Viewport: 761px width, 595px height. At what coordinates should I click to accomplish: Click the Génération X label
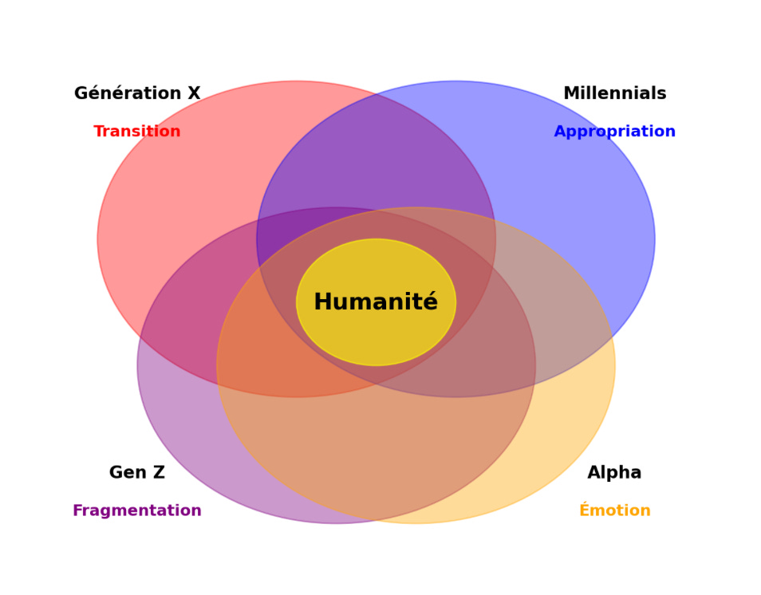137,94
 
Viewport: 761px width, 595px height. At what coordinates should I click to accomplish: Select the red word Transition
137,132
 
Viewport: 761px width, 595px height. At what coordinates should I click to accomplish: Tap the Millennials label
614,94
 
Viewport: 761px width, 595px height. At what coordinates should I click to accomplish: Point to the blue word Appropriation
614,132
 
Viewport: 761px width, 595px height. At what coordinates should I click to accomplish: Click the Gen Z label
137,473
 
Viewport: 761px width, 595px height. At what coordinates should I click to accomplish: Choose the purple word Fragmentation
137,511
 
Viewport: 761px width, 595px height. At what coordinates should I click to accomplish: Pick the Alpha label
614,473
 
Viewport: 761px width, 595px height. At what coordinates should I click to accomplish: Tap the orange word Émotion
614,511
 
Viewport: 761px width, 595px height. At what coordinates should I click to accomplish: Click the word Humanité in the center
376,303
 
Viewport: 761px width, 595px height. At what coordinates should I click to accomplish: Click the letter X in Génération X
194,94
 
